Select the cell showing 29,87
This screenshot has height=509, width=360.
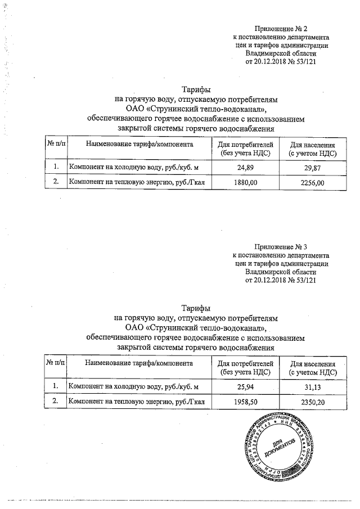coord(313,168)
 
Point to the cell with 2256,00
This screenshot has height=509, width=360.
coord(313,183)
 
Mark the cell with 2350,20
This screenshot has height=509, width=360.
coord(313,403)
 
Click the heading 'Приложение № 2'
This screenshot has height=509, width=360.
coord(281,28)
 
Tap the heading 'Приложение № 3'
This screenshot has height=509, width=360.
coord(281,246)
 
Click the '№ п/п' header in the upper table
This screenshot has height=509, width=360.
coord(56,145)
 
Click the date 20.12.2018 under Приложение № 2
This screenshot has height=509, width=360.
coord(272,62)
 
